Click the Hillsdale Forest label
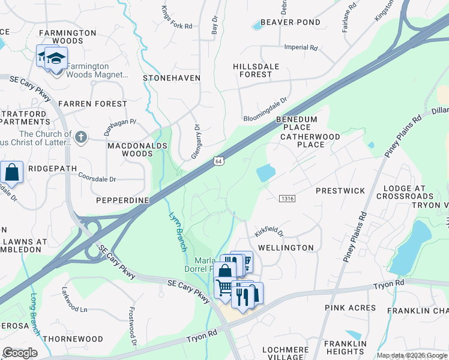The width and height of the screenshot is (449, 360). tap(256, 70)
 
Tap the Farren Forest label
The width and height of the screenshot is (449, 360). tap(92, 104)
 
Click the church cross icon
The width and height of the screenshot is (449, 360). tap(81, 137)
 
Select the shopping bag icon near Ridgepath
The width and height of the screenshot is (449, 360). tap(12, 172)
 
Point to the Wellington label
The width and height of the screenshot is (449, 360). tap(286, 247)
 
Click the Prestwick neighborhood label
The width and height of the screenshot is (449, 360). tap(340, 191)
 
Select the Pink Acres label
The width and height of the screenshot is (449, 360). tap(351, 308)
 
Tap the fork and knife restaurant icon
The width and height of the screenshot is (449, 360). tap(243, 296)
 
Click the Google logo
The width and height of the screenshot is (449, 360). tap(20, 353)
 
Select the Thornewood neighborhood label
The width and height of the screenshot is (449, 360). tap(73, 339)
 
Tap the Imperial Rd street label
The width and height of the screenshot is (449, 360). tap(301, 47)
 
